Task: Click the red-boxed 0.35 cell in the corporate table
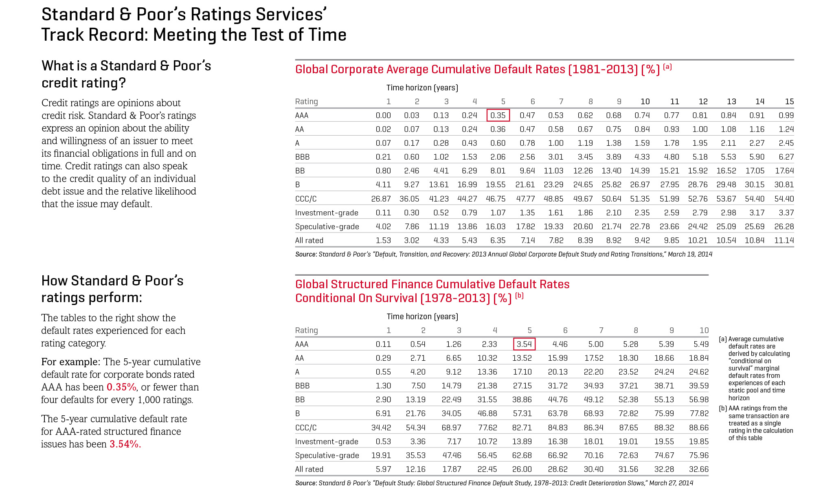click(498, 115)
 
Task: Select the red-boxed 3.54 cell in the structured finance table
click(524, 344)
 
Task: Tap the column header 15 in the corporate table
click(789, 101)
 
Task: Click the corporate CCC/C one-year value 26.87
click(381, 199)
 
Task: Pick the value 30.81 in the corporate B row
click(784, 184)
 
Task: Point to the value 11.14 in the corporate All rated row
click(784, 240)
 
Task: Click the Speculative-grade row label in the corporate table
click(327, 226)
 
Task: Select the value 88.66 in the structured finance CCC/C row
click(699, 428)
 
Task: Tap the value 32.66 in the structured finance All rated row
click(699, 469)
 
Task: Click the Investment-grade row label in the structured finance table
click(327, 441)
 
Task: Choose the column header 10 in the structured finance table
click(704, 330)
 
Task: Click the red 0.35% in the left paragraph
click(121, 387)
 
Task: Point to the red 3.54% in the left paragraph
click(125, 444)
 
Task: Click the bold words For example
click(70, 362)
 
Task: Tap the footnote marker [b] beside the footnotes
click(723, 408)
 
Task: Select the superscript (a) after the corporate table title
click(667, 67)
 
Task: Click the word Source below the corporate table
click(306, 254)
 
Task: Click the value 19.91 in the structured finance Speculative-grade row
click(381, 455)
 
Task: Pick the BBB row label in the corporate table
click(302, 157)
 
